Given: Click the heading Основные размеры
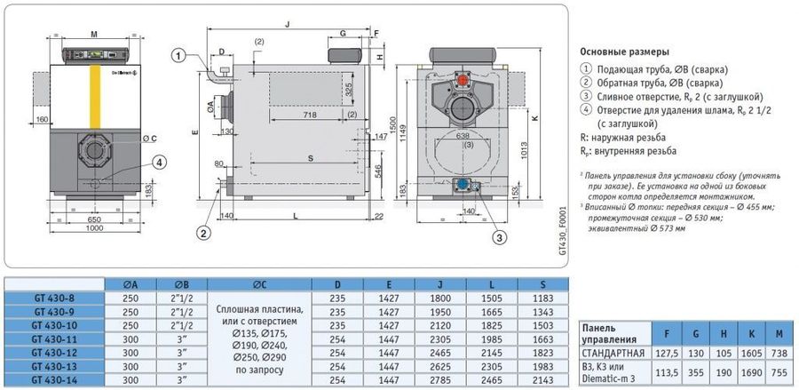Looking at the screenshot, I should click(x=624, y=52).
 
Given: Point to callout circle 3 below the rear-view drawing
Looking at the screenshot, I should click(x=500, y=236).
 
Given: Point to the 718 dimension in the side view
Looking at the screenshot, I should click(x=309, y=116).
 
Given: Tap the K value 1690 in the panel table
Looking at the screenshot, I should click(x=755, y=373).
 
